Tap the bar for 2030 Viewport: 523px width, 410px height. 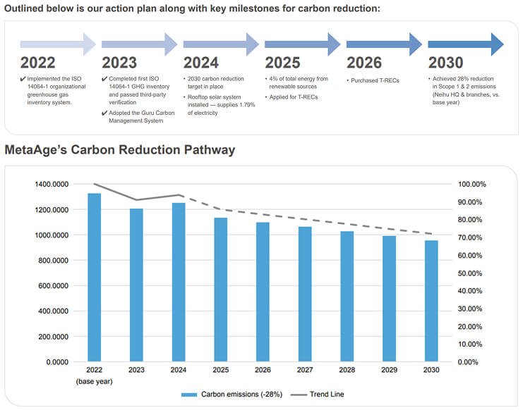tap(431, 301)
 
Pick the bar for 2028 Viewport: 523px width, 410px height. tap(347, 296)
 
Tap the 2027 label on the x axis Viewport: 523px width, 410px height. tap(304, 370)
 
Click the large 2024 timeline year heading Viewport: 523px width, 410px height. tap(200, 63)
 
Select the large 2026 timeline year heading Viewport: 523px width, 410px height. tap(364, 63)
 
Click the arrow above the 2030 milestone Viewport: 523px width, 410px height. tap(466, 44)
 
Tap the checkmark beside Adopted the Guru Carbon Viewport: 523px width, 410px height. tap(105, 112)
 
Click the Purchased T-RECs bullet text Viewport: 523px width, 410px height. tap(374, 80)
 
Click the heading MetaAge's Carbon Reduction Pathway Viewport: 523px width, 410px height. tap(120, 150)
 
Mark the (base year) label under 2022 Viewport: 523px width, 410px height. tap(94, 381)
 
